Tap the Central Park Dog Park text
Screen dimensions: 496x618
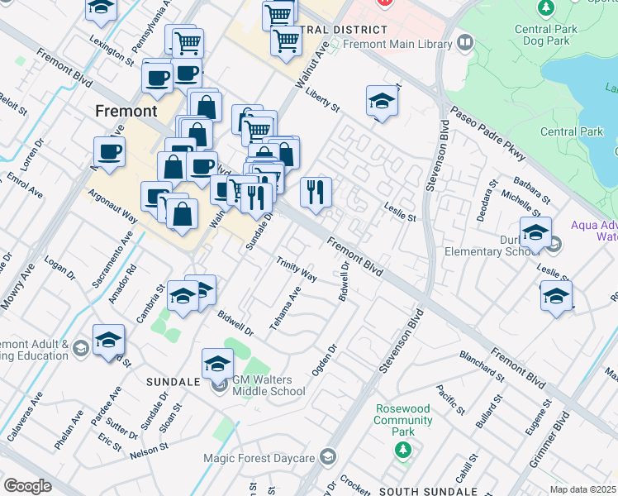click(544, 33)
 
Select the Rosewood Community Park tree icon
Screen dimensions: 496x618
click(402, 450)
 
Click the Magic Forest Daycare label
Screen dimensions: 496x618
click(272, 458)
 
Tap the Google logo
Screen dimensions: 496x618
click(27, 485)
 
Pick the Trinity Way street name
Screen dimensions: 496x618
click(297, 268)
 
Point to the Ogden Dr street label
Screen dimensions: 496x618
click(326, 360)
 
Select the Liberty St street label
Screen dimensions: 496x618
click(322, 102)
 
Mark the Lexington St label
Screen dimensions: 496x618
click(112, 50)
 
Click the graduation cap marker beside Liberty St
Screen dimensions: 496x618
click(382, 101)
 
